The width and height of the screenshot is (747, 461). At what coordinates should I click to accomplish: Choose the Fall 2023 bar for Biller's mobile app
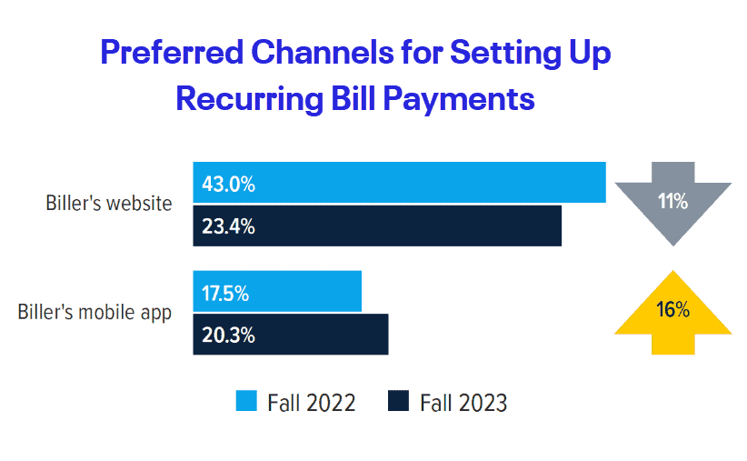click(x=318, y=335)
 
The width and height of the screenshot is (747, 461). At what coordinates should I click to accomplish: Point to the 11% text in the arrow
click(x=672, y=201)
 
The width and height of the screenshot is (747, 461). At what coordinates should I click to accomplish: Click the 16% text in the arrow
click(x=672, y=309)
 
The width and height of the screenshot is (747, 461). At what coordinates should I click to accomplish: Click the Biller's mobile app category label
click(x=95, y=313)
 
